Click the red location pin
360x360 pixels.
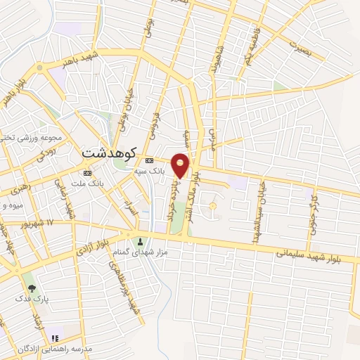(x=181, y=166)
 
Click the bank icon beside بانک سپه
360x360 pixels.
(x=149, y=160)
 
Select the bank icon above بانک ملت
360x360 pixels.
(x=87, y=173)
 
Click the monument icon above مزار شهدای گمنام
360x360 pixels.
(x=139, y=243)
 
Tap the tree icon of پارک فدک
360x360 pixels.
(x=30, y=288)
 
